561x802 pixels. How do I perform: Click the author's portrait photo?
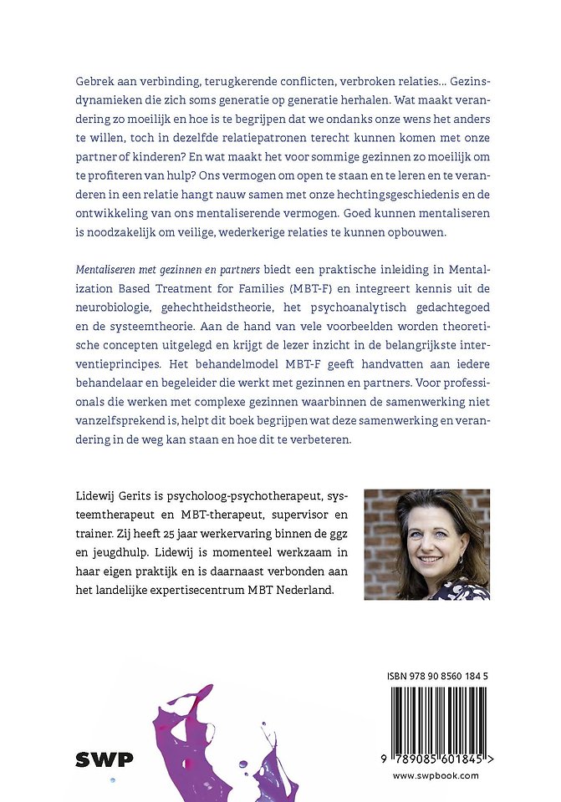426,544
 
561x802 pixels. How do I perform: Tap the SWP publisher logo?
105,759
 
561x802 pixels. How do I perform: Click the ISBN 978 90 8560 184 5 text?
438,676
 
